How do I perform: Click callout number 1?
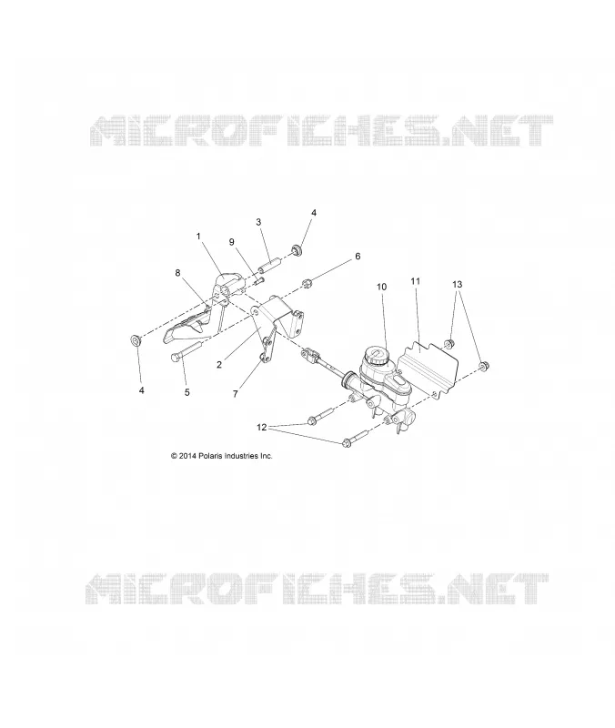click(x=198, y=237)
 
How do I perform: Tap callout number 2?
click(x=219, y=365)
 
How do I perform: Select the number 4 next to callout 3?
click(x=314, y=213)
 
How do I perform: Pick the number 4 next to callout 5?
click(x=142, y=390)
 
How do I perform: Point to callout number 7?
click(x=236, y=394)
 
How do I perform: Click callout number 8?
click(x=177, y=272)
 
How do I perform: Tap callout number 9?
click(x=232, y=242)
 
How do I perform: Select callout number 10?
click(x=381, y=287)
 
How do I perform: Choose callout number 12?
click(x=262, y=427)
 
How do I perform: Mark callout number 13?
click(x=458, y=284)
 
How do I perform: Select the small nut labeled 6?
click(x=307, y=283)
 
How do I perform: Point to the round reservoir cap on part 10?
click(x=377, y=357)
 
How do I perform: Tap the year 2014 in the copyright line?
click(x=187, y=456)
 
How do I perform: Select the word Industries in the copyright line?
click(x=241, y=456)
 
